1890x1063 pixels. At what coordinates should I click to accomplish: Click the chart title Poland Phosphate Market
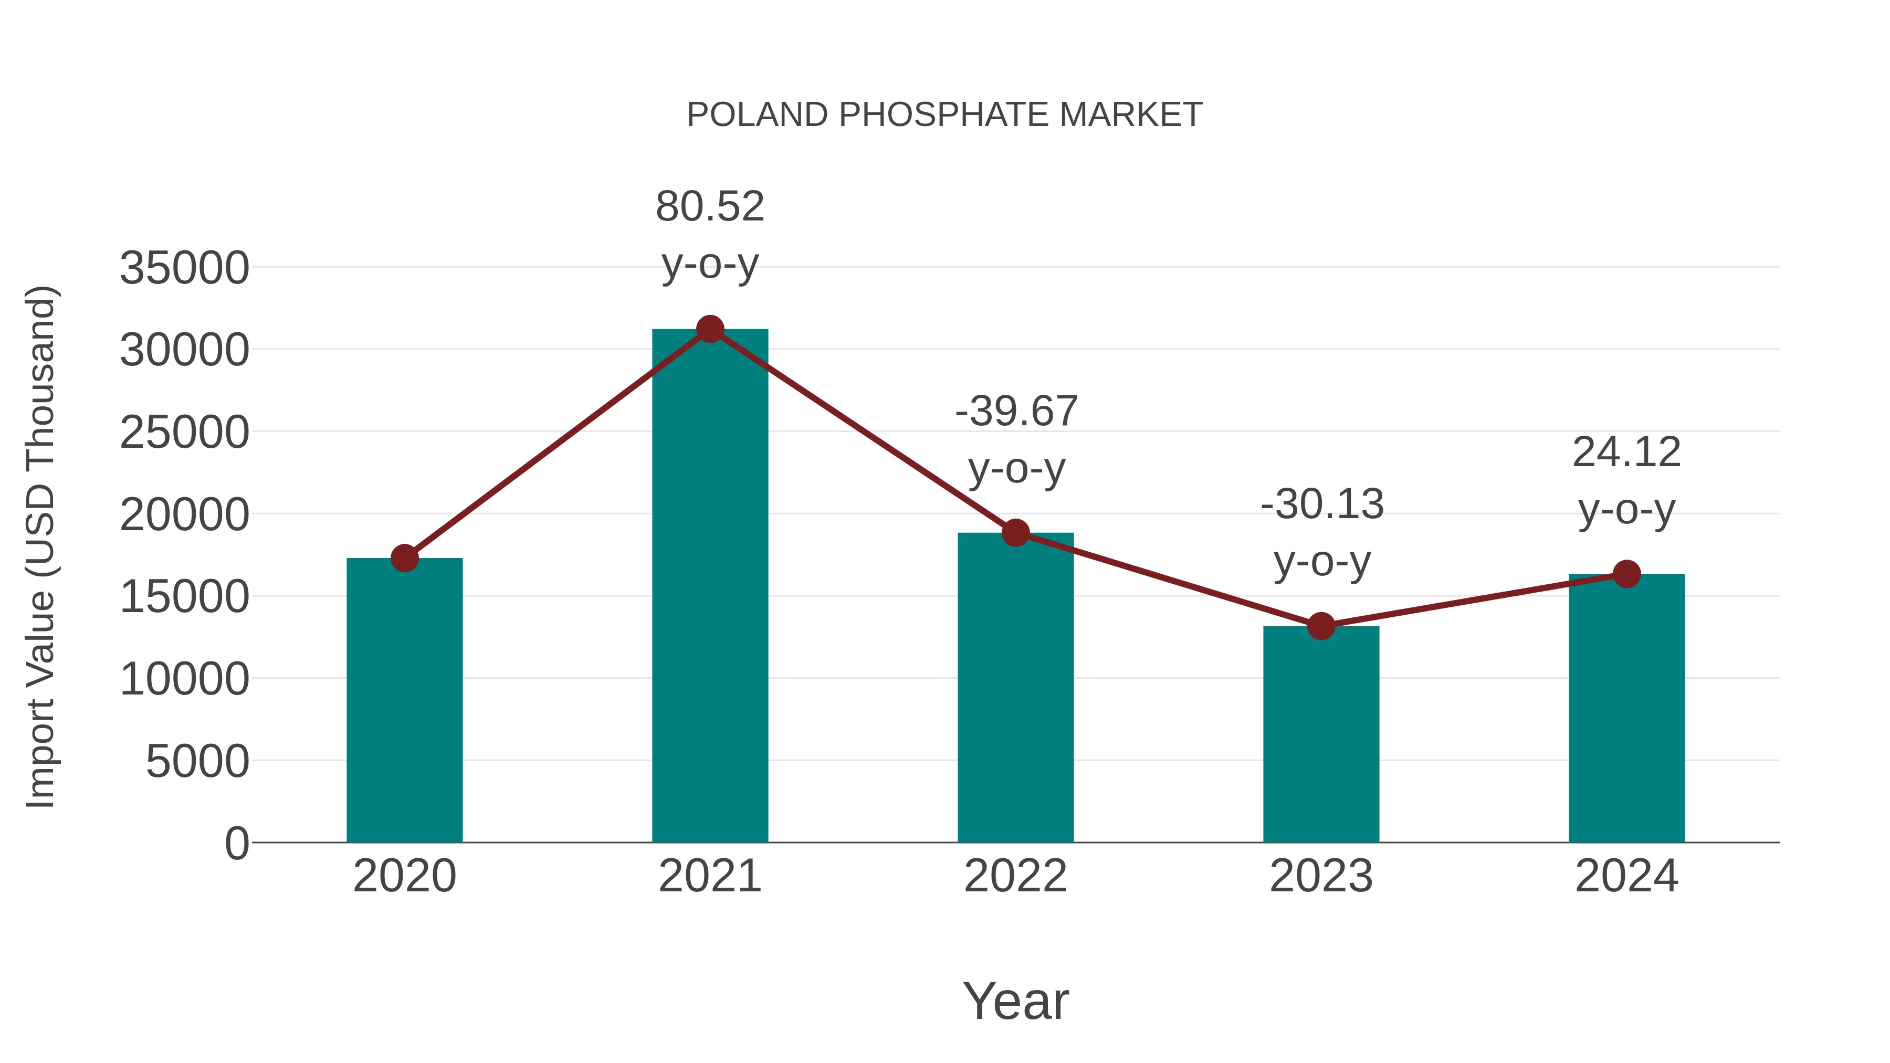click(944, 115)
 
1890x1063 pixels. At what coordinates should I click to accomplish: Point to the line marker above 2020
click(404, 559)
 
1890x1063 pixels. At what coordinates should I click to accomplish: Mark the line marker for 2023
click(1321, 626)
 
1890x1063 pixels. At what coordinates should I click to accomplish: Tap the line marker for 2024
click(1626, 574)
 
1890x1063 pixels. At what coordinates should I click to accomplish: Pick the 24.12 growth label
click(1626, 452)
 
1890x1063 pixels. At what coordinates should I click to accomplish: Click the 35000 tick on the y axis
click(184, 268)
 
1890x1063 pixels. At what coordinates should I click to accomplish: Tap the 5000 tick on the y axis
click(197, 762)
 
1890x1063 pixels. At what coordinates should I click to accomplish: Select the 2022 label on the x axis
click(1015, 876)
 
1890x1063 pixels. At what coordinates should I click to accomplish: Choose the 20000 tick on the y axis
click(184, 515)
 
